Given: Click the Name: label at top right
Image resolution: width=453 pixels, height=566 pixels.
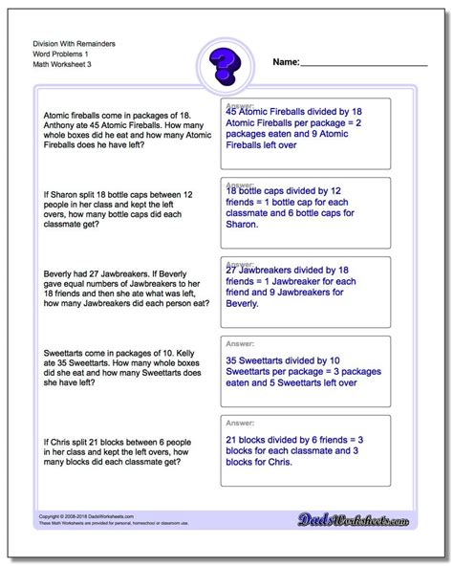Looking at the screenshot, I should point(287,62).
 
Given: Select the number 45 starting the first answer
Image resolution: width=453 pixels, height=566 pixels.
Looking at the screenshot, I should point(232,112).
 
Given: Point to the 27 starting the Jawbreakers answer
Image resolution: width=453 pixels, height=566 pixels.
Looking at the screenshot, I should point(232,270).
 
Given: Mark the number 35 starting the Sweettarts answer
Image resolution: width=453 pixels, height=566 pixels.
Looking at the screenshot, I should point(232,359).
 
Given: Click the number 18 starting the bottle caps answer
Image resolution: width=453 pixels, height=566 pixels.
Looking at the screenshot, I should point(232,191).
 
